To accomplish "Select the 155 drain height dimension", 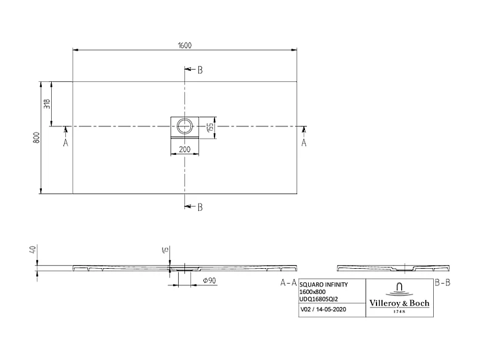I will coord(210,127).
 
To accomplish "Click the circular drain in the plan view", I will coord(184,127).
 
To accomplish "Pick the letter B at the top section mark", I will coord(200,70).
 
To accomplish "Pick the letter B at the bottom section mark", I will coord(200,207).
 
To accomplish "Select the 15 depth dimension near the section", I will coord(165,250).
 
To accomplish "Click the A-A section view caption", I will coord(288,283).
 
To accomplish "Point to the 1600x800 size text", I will coord(312,292).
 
